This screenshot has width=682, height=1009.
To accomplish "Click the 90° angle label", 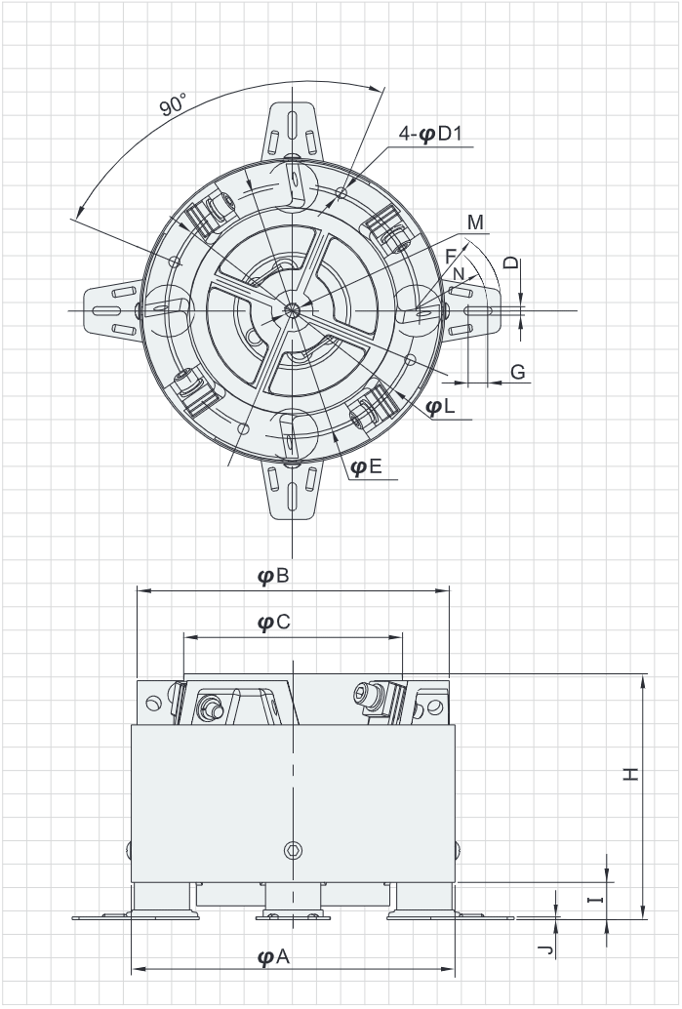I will click(x=175, y=102).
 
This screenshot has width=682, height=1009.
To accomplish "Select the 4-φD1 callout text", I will click(x=434, y=134).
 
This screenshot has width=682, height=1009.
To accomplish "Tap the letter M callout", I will click(x=475, y=222).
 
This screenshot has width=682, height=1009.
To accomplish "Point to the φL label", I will click(x=441, y=407).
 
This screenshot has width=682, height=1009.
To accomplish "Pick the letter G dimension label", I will click(x=518, y=372).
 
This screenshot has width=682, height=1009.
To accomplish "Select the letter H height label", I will click(x=631, y=774).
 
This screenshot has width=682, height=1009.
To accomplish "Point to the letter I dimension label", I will click(x=594, y=899).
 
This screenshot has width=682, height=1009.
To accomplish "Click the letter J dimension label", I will click(x=547, y=948).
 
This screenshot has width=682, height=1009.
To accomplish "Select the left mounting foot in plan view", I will click(x=113, y=310).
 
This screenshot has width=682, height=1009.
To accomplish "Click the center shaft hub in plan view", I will click(x=293, y=310).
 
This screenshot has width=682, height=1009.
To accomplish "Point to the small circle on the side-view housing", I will click(x=291, y=850).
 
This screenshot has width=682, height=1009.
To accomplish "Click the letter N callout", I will click(x=459, y=274).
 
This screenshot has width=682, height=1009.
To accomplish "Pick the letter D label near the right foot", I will click(x=511, y=262).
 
